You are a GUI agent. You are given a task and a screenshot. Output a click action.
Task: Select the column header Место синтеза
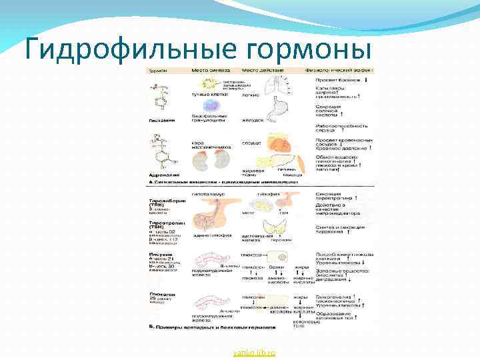coord(211,70)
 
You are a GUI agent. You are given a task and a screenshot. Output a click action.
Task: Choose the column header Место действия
coord(260,70)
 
